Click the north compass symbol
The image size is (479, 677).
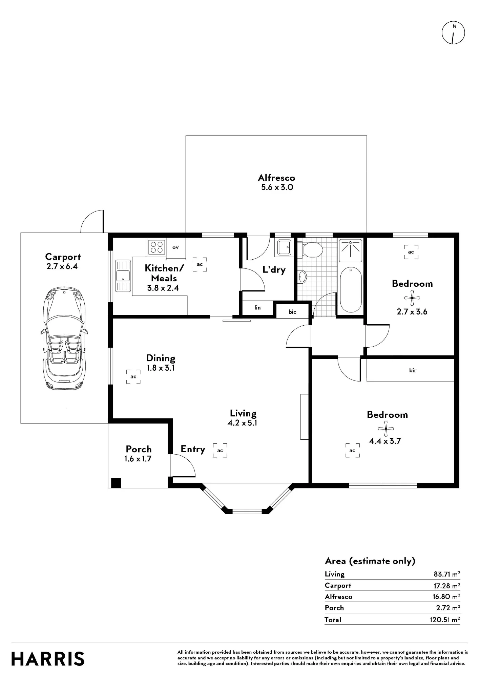point(453,33)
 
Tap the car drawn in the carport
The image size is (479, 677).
point(65,338)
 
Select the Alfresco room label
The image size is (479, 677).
point(276,178)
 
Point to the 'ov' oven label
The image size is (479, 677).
point(175,247)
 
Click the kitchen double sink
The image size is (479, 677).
point(123,276)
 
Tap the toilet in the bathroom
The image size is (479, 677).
point(311,250)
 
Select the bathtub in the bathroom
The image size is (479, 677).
point(351,289)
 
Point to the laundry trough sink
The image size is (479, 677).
point(284,247)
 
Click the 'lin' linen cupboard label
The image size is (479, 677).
point(258,308)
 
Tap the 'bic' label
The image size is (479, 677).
point(292,312)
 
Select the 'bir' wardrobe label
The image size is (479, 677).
point(413,370)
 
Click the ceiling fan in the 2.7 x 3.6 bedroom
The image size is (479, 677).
point(412,298)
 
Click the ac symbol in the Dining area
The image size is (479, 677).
point(133,377)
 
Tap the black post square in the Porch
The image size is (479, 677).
point(116,483)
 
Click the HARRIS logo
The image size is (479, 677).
point(48,659)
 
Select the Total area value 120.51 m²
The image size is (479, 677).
point(443,620)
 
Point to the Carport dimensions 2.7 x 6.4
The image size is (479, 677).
point(62,266)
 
